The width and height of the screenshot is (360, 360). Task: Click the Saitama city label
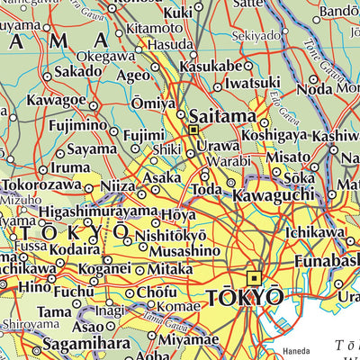[x=221, y=116]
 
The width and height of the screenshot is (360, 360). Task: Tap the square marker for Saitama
[x=193, y=130]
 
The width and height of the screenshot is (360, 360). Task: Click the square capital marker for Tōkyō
[x=255, y=277]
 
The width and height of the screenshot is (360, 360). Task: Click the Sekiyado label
[x=256, y=36]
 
